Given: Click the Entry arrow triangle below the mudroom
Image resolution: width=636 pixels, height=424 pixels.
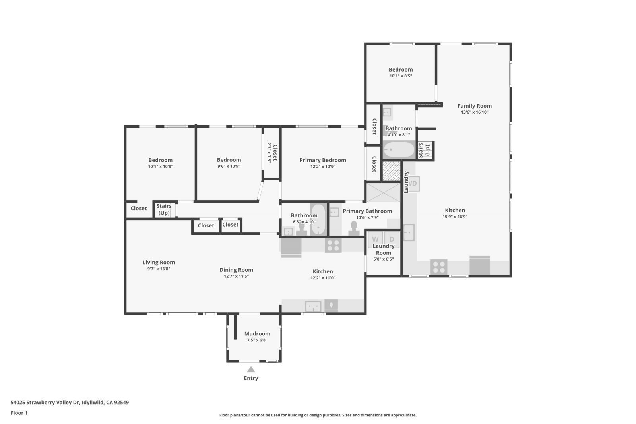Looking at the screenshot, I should (x=251, y=370).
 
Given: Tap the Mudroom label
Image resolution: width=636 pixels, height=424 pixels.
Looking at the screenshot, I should (x=257, y=334).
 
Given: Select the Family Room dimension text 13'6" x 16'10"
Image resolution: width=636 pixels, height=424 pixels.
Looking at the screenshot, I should (x=475, y=112).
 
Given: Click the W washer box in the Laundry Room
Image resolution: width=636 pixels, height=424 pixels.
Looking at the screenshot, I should (x=375, y=239).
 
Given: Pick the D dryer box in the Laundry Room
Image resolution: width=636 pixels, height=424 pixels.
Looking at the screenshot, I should (x=392, y=239).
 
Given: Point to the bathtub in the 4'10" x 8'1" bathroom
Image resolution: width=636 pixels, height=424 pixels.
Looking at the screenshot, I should (x=399, y=150).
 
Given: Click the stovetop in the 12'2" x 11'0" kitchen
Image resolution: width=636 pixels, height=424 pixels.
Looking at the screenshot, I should (x=333, y=245).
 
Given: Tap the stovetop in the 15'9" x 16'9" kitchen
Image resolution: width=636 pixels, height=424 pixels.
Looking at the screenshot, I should (x=439, y=267).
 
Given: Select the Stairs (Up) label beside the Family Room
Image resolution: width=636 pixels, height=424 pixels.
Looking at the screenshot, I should (x=424, y=150).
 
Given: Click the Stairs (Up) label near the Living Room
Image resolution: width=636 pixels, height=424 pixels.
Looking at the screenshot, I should (x=164, y=209).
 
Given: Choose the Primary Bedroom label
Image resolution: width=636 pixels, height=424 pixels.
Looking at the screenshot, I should (x=323, y=160).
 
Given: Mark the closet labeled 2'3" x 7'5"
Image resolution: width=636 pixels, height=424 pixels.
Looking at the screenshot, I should (x=272, y=153).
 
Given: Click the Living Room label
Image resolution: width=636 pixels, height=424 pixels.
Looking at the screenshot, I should (x=159, y=262).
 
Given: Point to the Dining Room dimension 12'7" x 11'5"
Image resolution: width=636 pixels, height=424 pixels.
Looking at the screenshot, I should (x=236, y=276).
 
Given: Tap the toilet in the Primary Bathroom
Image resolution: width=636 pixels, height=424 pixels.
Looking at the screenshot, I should (x=353, y=228).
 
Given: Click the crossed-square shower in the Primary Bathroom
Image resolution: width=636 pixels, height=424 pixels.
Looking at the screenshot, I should (x=383, y=192).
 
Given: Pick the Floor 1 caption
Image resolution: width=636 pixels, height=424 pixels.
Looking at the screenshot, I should (x=19, y=413).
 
